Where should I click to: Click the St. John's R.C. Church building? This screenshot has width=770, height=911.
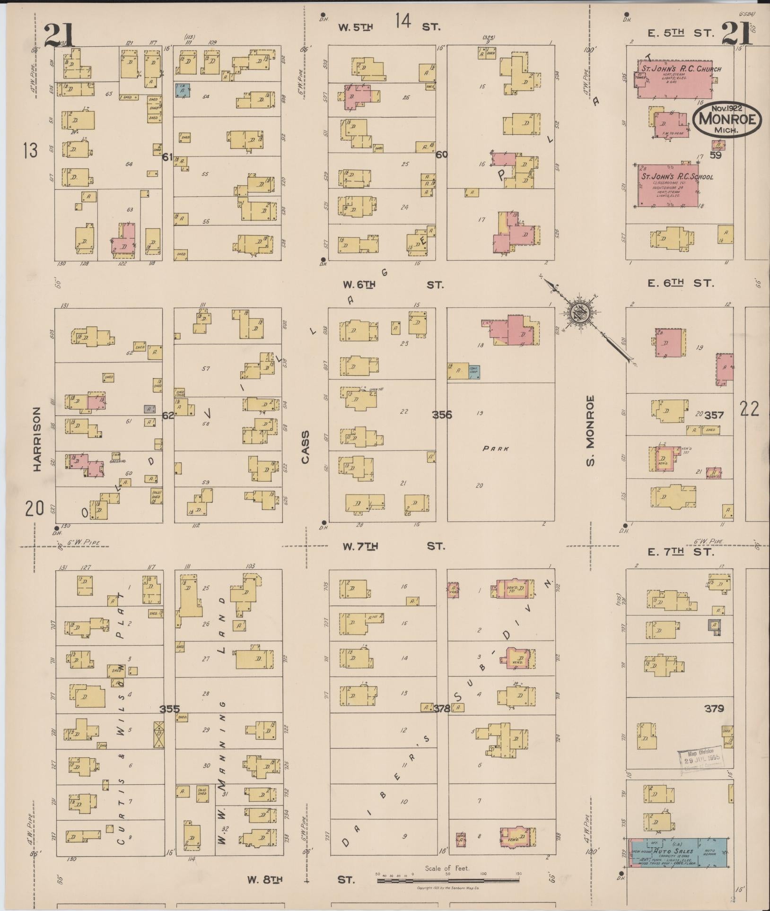(675, 79)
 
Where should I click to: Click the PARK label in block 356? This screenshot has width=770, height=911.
(495, 449)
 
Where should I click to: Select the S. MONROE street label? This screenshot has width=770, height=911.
(590, 430)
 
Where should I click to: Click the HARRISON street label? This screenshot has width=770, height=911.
(37, 440)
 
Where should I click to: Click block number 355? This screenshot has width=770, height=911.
(169, 709)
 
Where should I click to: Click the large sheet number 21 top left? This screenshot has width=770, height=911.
(59, 35)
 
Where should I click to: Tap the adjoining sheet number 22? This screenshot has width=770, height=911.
(750, 408)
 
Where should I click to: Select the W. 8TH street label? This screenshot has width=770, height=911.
(265, 880)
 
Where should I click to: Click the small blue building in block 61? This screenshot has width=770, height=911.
(183, 90)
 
